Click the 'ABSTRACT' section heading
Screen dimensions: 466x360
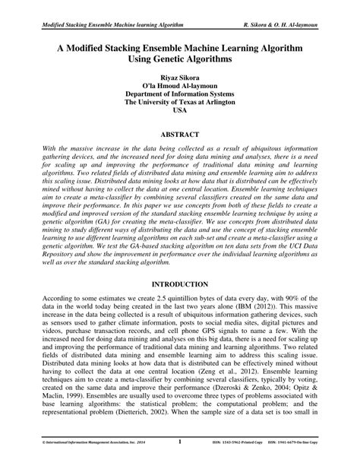(179, 134)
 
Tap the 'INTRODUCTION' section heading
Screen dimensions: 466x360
(179, 284)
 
